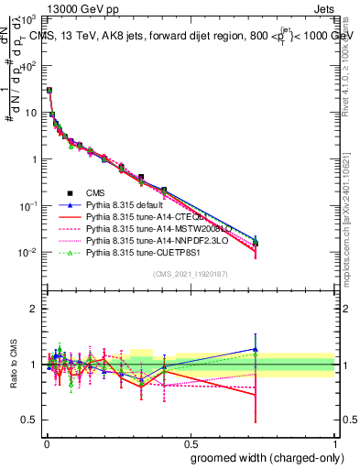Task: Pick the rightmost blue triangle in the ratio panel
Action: [x=256, y=349]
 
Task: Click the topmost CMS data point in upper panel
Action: [x=49, y=91]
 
